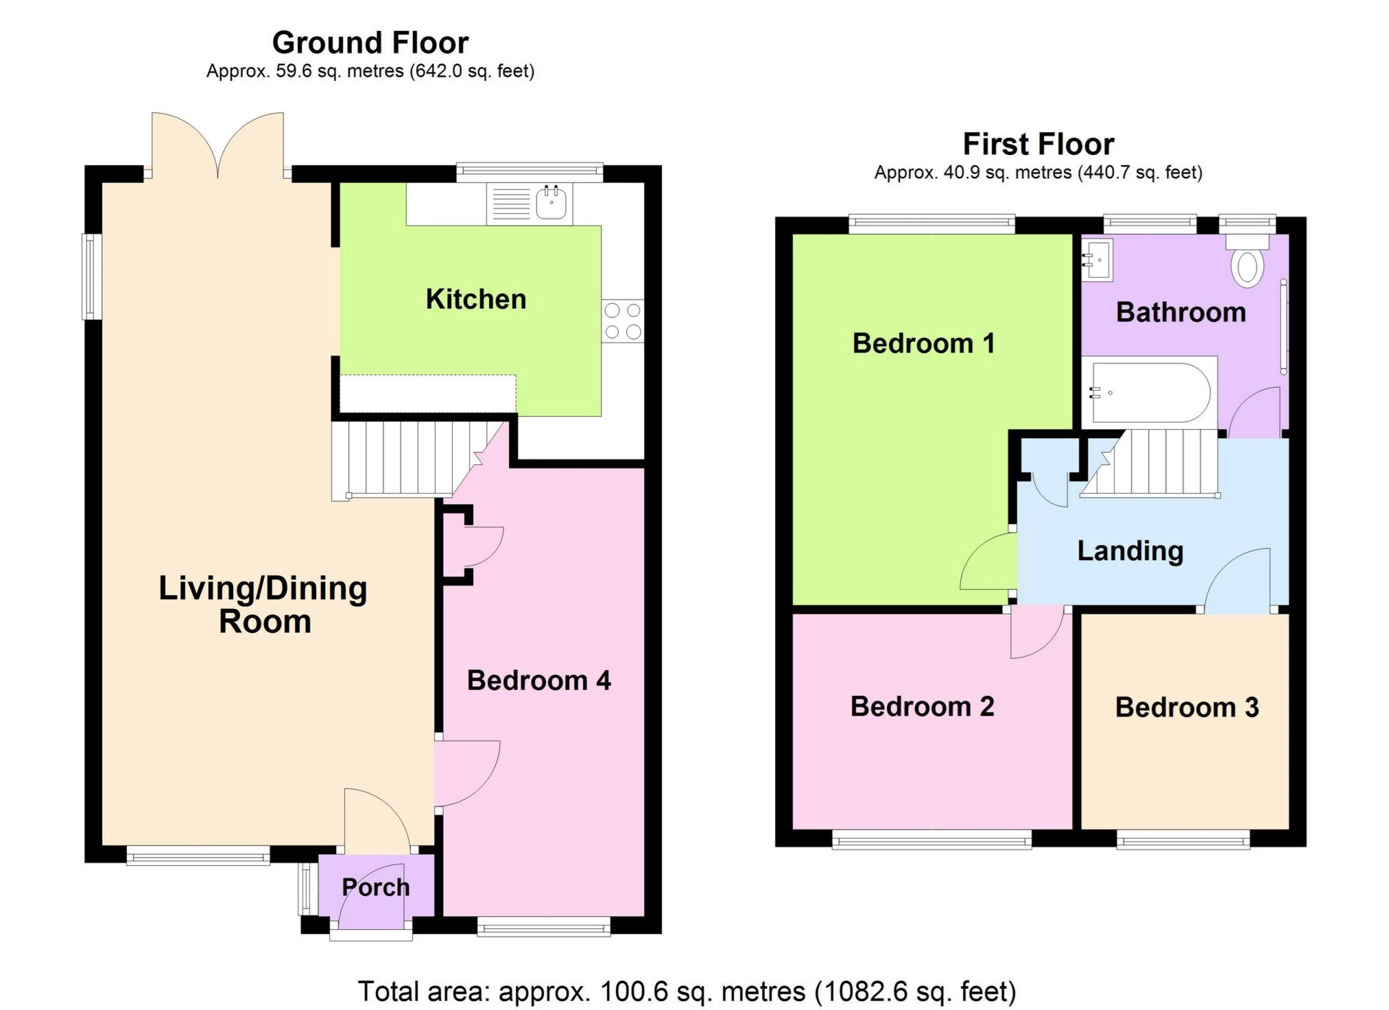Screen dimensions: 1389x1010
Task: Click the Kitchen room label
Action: point(476,299)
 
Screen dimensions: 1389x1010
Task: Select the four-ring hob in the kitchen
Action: point(623,321)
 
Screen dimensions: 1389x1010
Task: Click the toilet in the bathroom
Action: point(1247,260)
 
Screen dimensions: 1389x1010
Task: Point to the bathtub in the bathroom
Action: point(1149,392)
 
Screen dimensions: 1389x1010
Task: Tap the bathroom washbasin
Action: point(1097,260)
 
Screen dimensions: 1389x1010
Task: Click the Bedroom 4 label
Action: point(538,681)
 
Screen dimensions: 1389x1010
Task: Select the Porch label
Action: point(376,887)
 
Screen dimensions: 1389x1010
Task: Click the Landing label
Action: point(1130,551)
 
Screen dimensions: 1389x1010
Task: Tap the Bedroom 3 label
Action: point(1187,707)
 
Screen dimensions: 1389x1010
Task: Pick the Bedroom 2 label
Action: point(923,706)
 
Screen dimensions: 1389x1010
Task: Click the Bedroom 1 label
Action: point(924,343)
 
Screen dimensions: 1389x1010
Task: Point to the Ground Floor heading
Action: point(370,43)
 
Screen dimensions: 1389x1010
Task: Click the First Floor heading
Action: point(1038,144)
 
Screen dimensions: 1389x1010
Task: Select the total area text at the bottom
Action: point(687,991)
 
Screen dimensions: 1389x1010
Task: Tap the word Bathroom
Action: point(1181,312)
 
